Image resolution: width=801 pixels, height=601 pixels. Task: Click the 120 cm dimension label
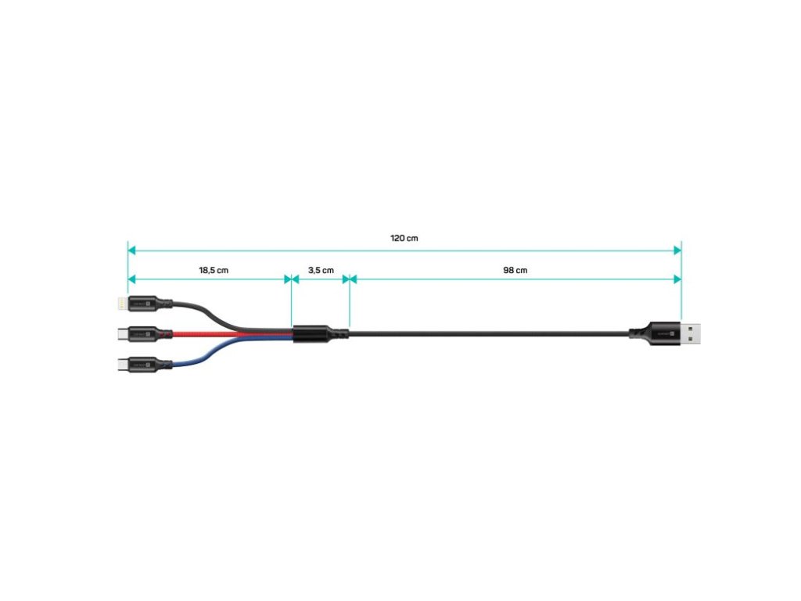click(404, 238)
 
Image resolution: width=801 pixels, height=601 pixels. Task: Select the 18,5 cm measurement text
click(214, 270)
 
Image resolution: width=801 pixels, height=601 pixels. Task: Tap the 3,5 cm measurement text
click(321, 270)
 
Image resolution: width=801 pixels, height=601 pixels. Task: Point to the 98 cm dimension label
click(515, 270)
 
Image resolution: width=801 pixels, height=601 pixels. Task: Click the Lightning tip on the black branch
click(120, 301)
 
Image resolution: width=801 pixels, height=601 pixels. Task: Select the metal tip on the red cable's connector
click(120, 333)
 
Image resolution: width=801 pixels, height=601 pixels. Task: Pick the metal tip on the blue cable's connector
click(120, 365)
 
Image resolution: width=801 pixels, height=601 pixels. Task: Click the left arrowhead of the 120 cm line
click(132, 250)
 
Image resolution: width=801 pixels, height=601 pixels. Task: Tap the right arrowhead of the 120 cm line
click(677, 250)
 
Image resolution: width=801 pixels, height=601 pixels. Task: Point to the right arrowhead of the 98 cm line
click(677, 279)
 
